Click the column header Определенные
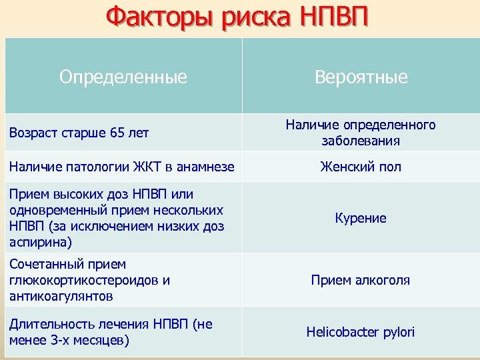(x=123, y=77)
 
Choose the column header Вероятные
(x=361, y=77)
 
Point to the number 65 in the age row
(x=117, y=133)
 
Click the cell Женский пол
(x=361, y=167)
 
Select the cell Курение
(x=361, y=218)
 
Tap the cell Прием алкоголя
(x=361, y=280)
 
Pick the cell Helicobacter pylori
(x=361, y=331)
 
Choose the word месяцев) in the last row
(x=104, y=340)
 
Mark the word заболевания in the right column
(x=361, y=140)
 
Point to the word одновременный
(x=53, y=210)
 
